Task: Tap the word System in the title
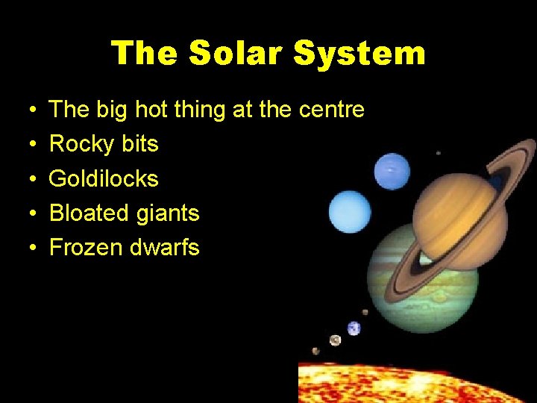pos(359,54)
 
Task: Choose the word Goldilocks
pos(104,178)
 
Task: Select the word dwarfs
pos(167,248)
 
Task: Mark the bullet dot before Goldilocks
pos(36,179)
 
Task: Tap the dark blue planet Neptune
pos(392,172)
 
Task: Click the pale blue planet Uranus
pos(349,212)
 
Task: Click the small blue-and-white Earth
pos(354,328)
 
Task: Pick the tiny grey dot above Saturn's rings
pos(438,153)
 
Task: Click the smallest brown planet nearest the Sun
pos(316,351)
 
